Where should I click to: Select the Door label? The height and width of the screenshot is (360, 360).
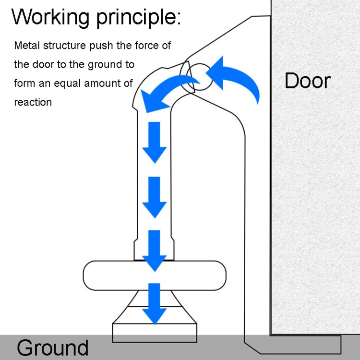click(x=307, y=80)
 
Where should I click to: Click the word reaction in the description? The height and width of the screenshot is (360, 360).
click(x=33, y=102)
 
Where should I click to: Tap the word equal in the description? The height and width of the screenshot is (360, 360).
click(x=67, y=83)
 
